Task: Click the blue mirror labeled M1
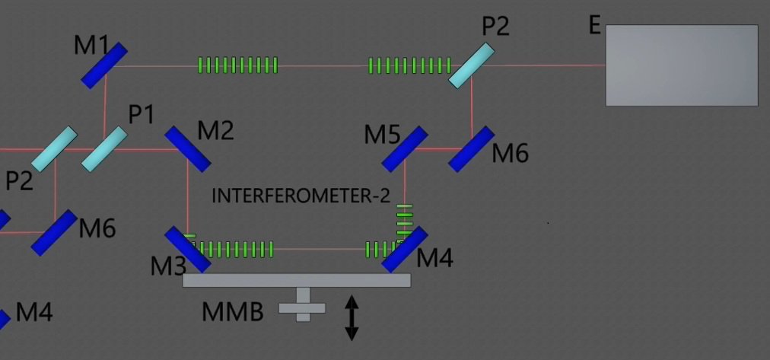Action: [x=104, y=65]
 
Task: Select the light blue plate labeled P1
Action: [x=104, y=148]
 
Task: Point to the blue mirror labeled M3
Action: [x=187, y=249]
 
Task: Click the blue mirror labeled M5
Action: [x=404, y=148]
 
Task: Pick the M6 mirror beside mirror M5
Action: [x=471, y=148]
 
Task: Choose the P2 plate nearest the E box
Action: [x=472, y=65]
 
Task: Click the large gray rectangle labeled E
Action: [x=681, y=65]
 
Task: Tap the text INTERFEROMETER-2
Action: [x=301, y=196]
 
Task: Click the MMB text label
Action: [x=232, y=311]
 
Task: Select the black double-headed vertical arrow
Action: [x=352, y=317]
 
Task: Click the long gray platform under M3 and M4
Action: [x=297, y=280]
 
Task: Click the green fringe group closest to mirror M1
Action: [x=237, y=65]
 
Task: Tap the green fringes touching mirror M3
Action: [x=232, y=249]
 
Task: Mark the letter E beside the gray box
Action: [x=595, y=26]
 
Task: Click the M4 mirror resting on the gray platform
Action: [x=404, y=249]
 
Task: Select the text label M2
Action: [x=215, y=131]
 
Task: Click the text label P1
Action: [x=141, y=115]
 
